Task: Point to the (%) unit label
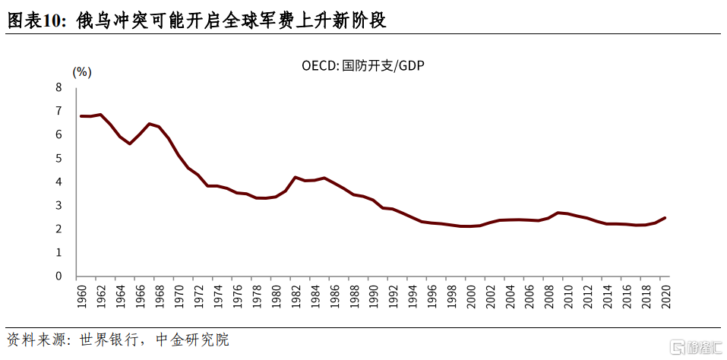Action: (x=82, y=72)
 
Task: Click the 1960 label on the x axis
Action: (x=82, y=295)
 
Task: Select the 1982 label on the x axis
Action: (x=295, y=295)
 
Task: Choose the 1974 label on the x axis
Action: (x=217, y=295)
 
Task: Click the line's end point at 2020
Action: (x=665, y=218)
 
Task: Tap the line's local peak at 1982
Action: (x=295, y=177)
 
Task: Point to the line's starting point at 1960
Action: (x=81, y=116)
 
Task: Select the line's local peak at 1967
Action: (x=149, y=124)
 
